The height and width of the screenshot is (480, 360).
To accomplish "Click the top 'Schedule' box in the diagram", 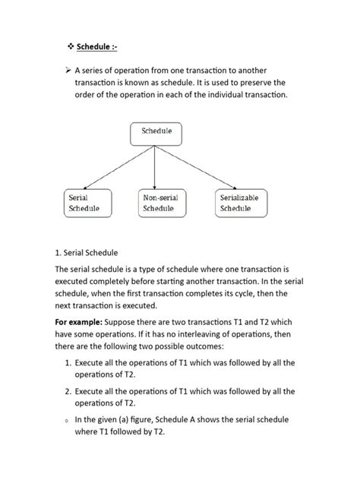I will pyautogui.click(x=155, y=131).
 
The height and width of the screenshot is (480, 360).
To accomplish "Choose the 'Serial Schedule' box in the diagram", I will pyautogui.click(x=83, y=203).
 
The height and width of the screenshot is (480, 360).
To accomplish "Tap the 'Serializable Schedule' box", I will pyautogui.click(x=239, y=203).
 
